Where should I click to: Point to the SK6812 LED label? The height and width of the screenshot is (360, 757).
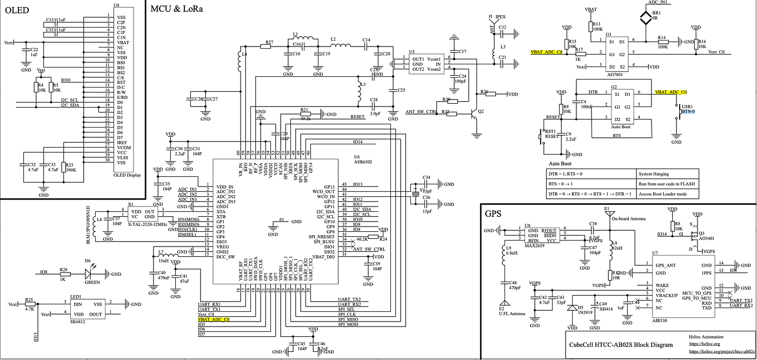(x=78, y=323)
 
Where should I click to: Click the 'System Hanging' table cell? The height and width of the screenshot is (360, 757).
(x=653, y=174)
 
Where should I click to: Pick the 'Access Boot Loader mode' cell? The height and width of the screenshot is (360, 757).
(x=663, y=194)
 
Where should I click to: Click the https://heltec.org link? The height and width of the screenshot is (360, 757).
(x=702, y=343)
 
